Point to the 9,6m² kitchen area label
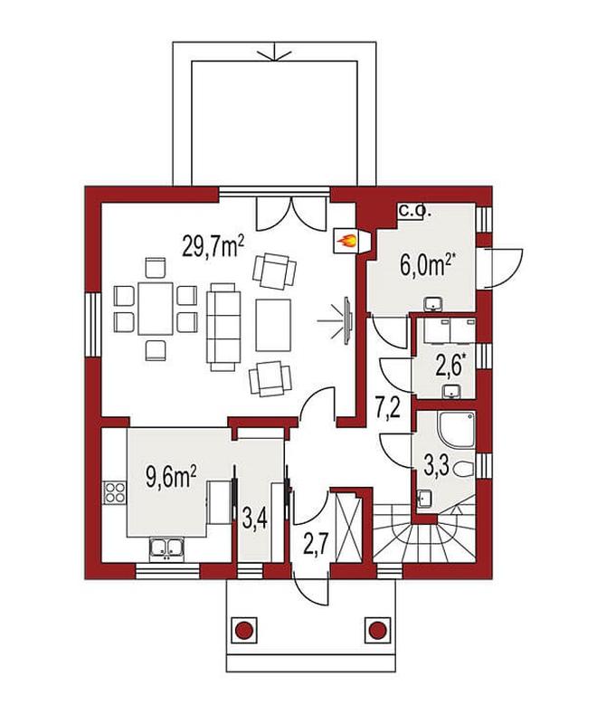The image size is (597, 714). click(x=171, y=479)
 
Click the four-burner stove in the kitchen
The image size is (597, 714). click(x=115, y=492)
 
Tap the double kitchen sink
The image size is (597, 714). click(x=166, y=548)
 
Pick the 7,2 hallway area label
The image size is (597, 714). click(x=388, y=409)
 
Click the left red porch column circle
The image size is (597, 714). click(x=244, y=630)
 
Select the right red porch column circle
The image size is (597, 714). click(x=377, y=630)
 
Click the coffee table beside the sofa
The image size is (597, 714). click(x=273, y=325)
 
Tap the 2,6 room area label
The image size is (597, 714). click(x=449, y=367)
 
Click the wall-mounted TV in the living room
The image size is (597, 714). click(x=347, y=319)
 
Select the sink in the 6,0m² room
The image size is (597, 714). click(x=433, y=303)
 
